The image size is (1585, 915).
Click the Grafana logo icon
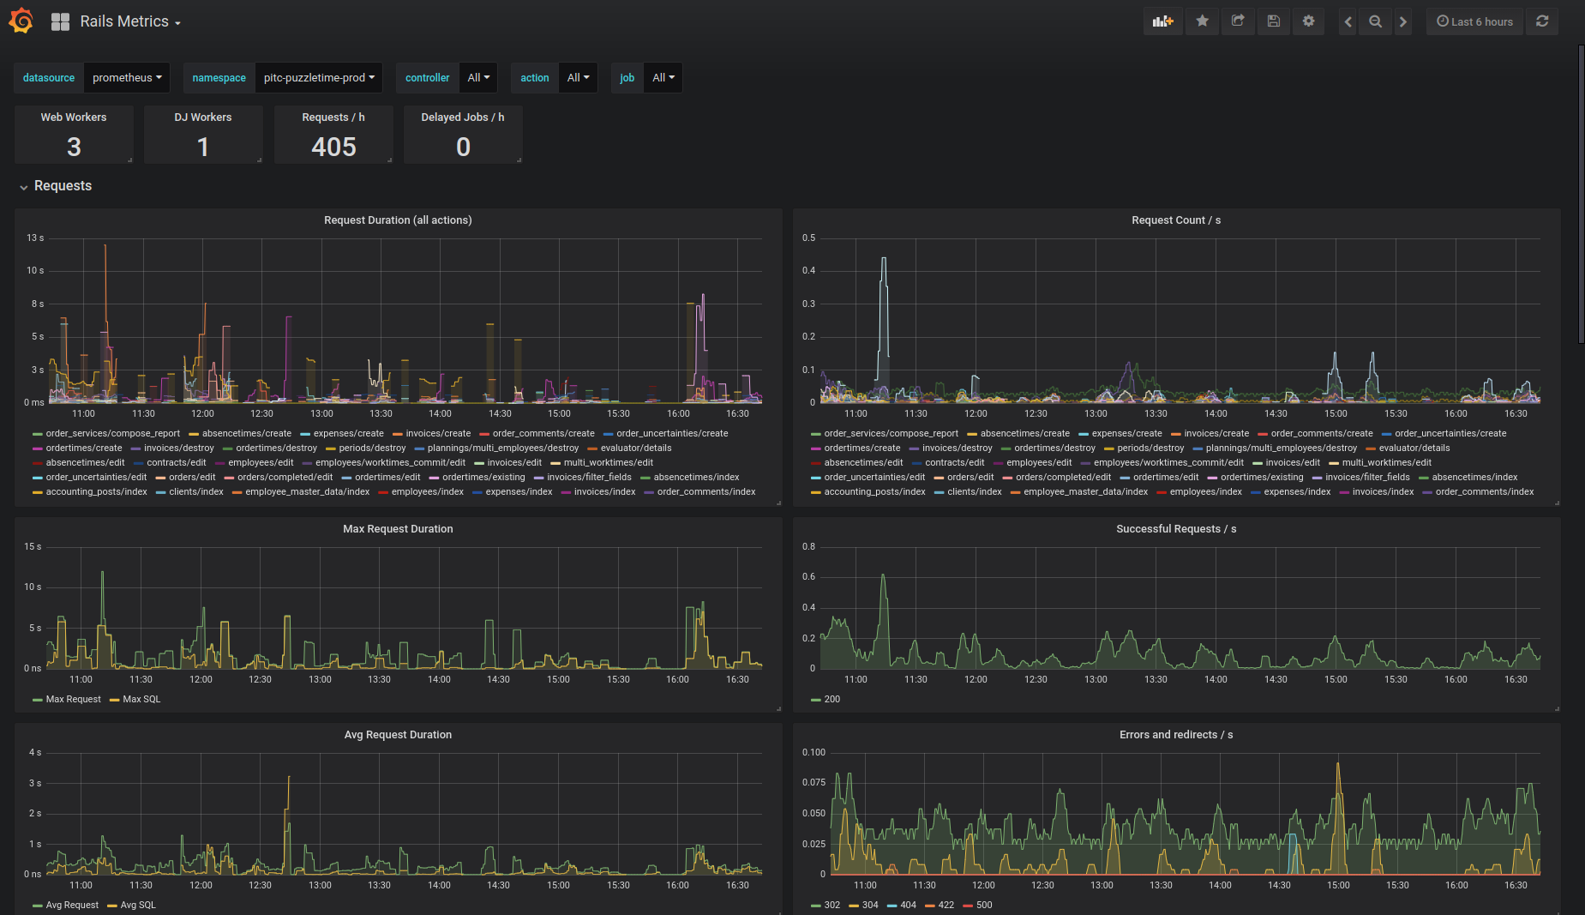tap(21, 21)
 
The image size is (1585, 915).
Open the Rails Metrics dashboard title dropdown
tap(129, 21)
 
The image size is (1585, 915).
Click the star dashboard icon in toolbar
tap(1203, 21)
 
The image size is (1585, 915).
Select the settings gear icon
tap(1308, 21)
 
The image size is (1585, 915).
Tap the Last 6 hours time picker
tap(1474, 21)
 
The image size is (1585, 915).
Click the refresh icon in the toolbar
tap(1542, 21)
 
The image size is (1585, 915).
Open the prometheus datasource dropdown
tap(127, 77)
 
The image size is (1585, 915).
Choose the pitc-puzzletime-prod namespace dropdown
tap(319, 77)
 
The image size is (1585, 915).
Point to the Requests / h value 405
tap(333, 147)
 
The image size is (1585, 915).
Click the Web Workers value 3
tap(74, 147)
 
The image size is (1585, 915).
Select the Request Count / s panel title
tap(1176, 220)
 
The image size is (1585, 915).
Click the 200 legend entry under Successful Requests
tap(826, 700)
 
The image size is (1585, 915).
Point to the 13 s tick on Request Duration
tap(35, 238)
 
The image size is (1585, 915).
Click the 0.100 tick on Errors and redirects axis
tap(814, 753)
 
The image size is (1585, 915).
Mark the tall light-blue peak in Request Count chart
tap(884, 259)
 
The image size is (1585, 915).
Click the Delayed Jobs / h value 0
tap(463, 147)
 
